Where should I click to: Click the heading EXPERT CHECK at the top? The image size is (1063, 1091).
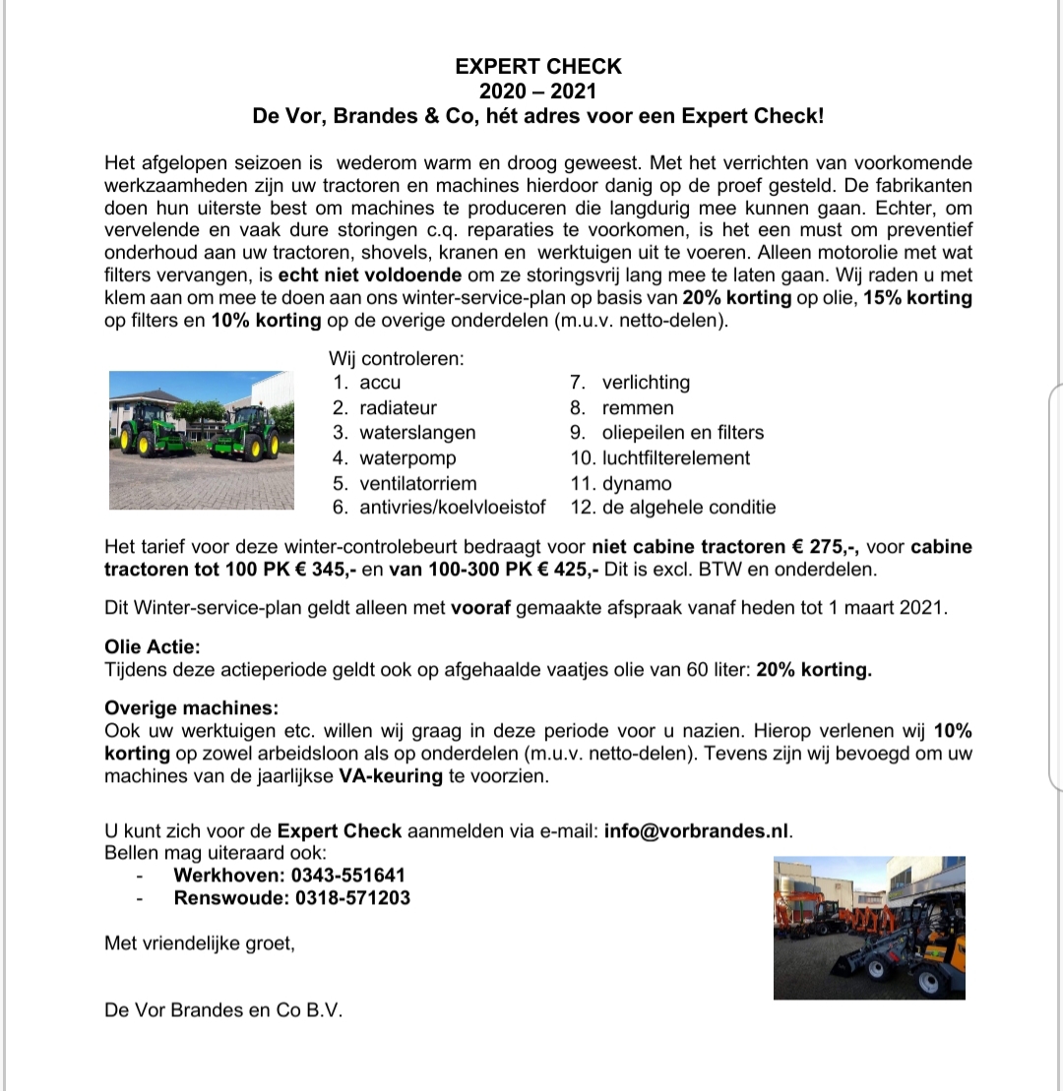538,67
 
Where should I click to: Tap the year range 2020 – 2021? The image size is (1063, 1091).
538,91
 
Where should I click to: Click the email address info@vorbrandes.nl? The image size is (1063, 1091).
698,830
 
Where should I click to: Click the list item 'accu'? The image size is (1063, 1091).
380,383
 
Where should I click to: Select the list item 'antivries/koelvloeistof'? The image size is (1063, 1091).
453,508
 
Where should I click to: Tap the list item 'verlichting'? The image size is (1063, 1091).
646,383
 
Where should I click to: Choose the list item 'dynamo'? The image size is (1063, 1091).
637,483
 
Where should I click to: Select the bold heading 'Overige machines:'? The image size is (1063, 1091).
191,707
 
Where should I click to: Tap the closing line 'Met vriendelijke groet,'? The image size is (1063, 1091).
200,943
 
